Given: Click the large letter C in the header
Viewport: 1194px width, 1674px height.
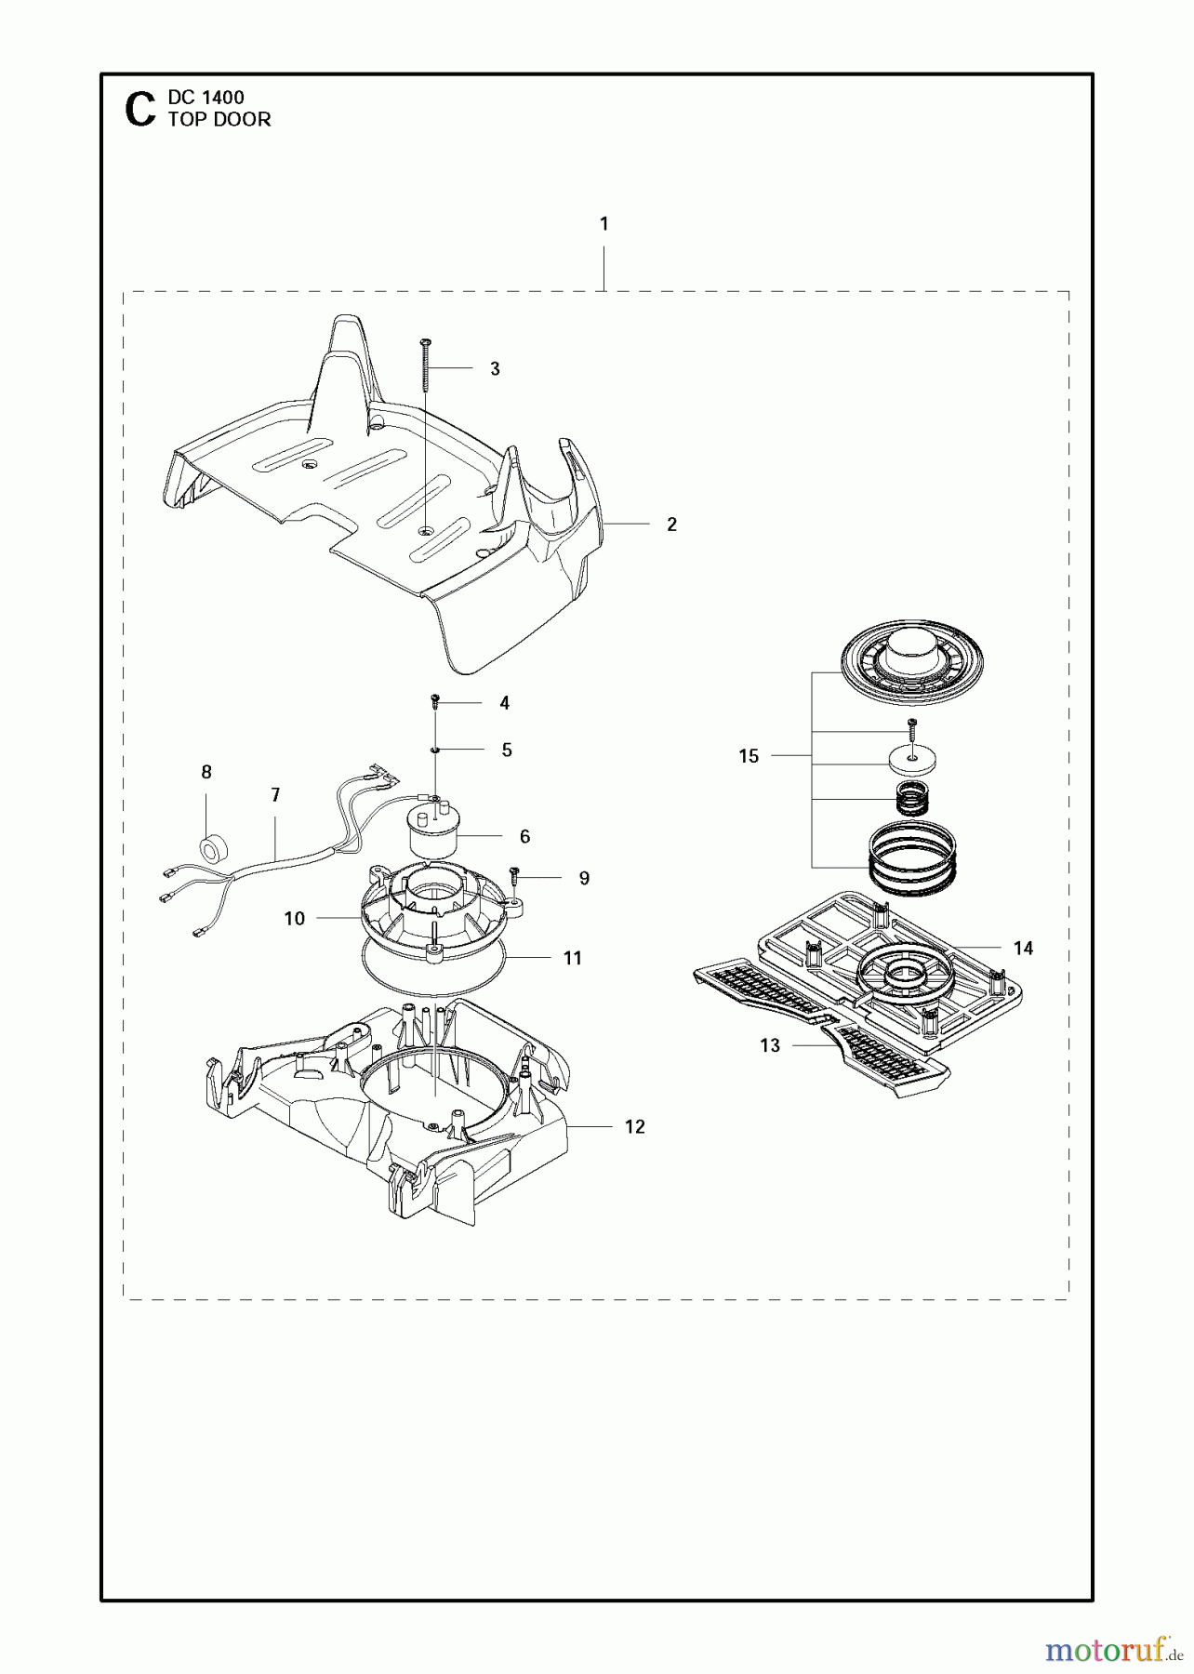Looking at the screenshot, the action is (139, 109).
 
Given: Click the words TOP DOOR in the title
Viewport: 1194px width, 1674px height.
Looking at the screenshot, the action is (219, 119).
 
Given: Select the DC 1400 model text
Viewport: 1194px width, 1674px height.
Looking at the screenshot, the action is (206, 97).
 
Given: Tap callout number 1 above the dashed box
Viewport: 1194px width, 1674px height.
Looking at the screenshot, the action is (604, 223).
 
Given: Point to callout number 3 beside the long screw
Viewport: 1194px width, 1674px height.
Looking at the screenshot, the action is (495, 369).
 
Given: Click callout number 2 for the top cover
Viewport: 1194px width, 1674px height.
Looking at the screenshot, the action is (671, 525).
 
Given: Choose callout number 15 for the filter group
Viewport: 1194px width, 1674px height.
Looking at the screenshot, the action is (749, 756).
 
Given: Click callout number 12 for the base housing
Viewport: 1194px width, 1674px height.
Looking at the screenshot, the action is (634, 1126).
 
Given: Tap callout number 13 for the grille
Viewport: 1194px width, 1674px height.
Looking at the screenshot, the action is (770, 1045).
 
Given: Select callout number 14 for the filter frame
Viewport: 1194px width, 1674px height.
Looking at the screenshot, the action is (1023, 948).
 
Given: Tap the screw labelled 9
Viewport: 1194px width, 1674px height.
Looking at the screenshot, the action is (514, 875).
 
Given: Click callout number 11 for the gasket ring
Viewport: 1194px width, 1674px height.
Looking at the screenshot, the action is (573, 958).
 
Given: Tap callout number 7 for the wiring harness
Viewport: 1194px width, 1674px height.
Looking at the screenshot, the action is (275, 795).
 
